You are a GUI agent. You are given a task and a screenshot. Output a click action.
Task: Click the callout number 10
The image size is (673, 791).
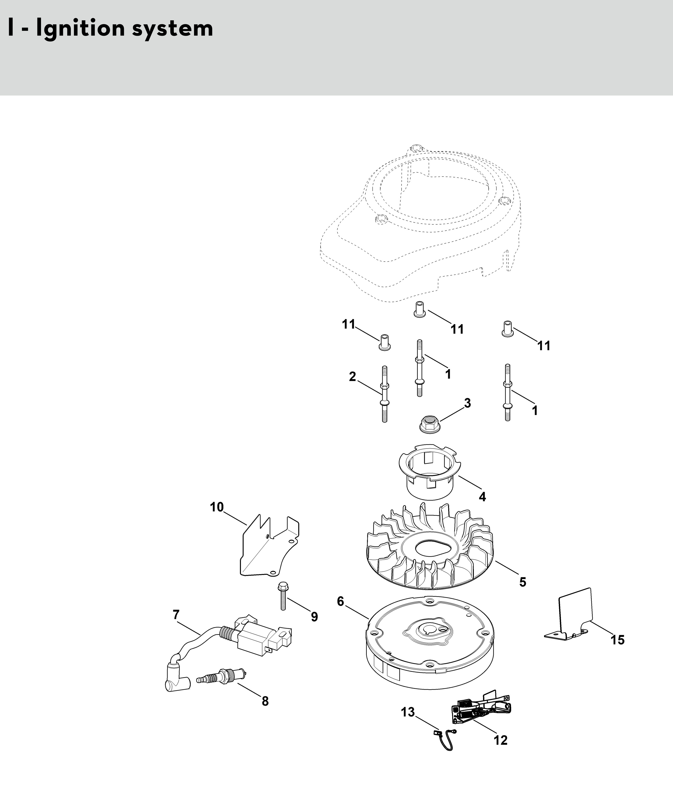tap(217, 507)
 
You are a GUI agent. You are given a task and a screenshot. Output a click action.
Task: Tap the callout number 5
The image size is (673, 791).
tap(523, 582)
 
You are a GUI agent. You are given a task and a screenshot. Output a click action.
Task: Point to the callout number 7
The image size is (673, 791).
tap(176, 615)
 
